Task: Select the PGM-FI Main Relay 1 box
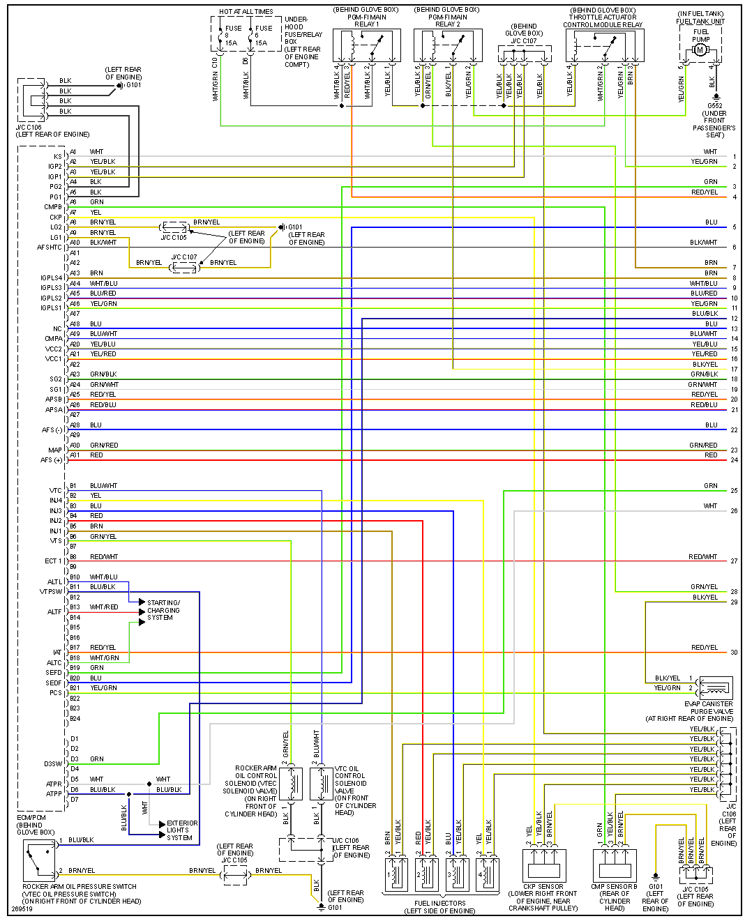click(x=366, y=46)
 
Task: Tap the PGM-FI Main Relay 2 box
click(x=447, y=46)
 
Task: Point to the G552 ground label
click(x=715, y=106)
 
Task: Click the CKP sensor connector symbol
click(x=543, y=865)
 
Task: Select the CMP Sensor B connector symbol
click(x=615, y=865)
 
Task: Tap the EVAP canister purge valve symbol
click(x=715, y=687)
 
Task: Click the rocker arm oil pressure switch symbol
click(x=39, y=860)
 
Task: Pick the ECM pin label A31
click(x=75, y=455)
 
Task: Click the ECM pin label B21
click(x=75, y=688)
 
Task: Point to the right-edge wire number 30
click(x=734, y=653)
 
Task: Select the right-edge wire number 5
click(x=734, y=227)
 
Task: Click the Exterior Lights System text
click(x=182, y=830)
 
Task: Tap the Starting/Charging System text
click(x=163, y=610)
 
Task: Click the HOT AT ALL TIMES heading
click(x=246, y=12)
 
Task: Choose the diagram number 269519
click(x=23, y=909)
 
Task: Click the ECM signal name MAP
click(x=55, y=450)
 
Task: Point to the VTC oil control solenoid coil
click(x=322, y=784)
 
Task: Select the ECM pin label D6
click(x=75, y=790)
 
